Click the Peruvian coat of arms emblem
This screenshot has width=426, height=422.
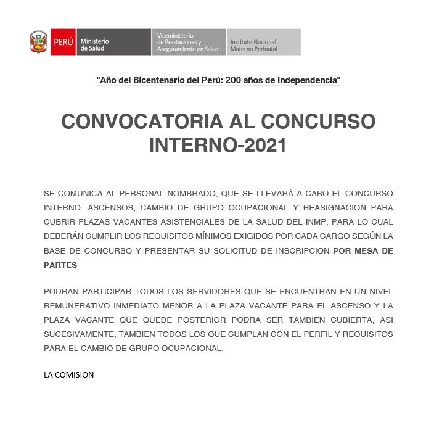[x=39, y=42]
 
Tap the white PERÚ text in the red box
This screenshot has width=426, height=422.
[x=63, y=42]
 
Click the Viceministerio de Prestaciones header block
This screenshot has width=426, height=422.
[x=188, y=42]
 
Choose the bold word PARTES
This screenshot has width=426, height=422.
[x=60, y=265]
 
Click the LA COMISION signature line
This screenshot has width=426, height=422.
[x=69, y=374]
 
